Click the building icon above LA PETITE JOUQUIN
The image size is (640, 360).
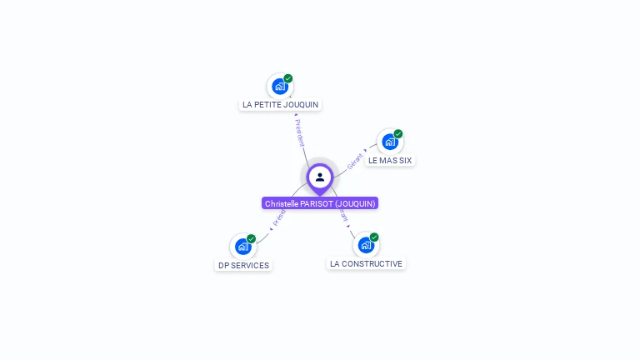pyautogui.click(x=280, y=86)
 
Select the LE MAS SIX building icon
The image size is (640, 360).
pyautogui.click(x=390, y=142)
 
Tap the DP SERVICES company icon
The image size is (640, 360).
pyautogui.click(x=242, y=247)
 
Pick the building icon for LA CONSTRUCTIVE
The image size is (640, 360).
pyautogui.click(x=365, y=245)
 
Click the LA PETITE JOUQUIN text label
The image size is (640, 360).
pyautogui.click(x=280, y=105)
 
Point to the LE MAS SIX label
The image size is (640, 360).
pyautogui.click(x=390, y=160)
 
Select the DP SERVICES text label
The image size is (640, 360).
pyautogui.click(x=243, y=265)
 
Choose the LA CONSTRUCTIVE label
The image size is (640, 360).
pyautogui.click(x=366, y=263)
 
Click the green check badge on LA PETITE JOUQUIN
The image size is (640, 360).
pyautogui.click(x=288, y=78)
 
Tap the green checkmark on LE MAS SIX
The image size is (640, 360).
pyautogui.click(x=398, y=134)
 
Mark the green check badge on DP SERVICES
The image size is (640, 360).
pyautogui.click(x=251, y=239)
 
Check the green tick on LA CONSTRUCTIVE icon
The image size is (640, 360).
pyautogui.click(x=374, y=237)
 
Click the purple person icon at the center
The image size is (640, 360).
pyautogui.click(x=320, y=177)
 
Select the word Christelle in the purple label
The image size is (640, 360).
pyautogui.click(x=282, y=203)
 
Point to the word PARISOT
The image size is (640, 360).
pyautogui.click(x=317, y=203)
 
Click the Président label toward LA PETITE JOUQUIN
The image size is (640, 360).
pyautogui.click(x=299, y=132)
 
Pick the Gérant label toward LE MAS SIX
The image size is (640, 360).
pyautogui.click(x=355, y=160)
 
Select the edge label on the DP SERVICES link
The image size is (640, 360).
pyautogui.click(x=278, y=219)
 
